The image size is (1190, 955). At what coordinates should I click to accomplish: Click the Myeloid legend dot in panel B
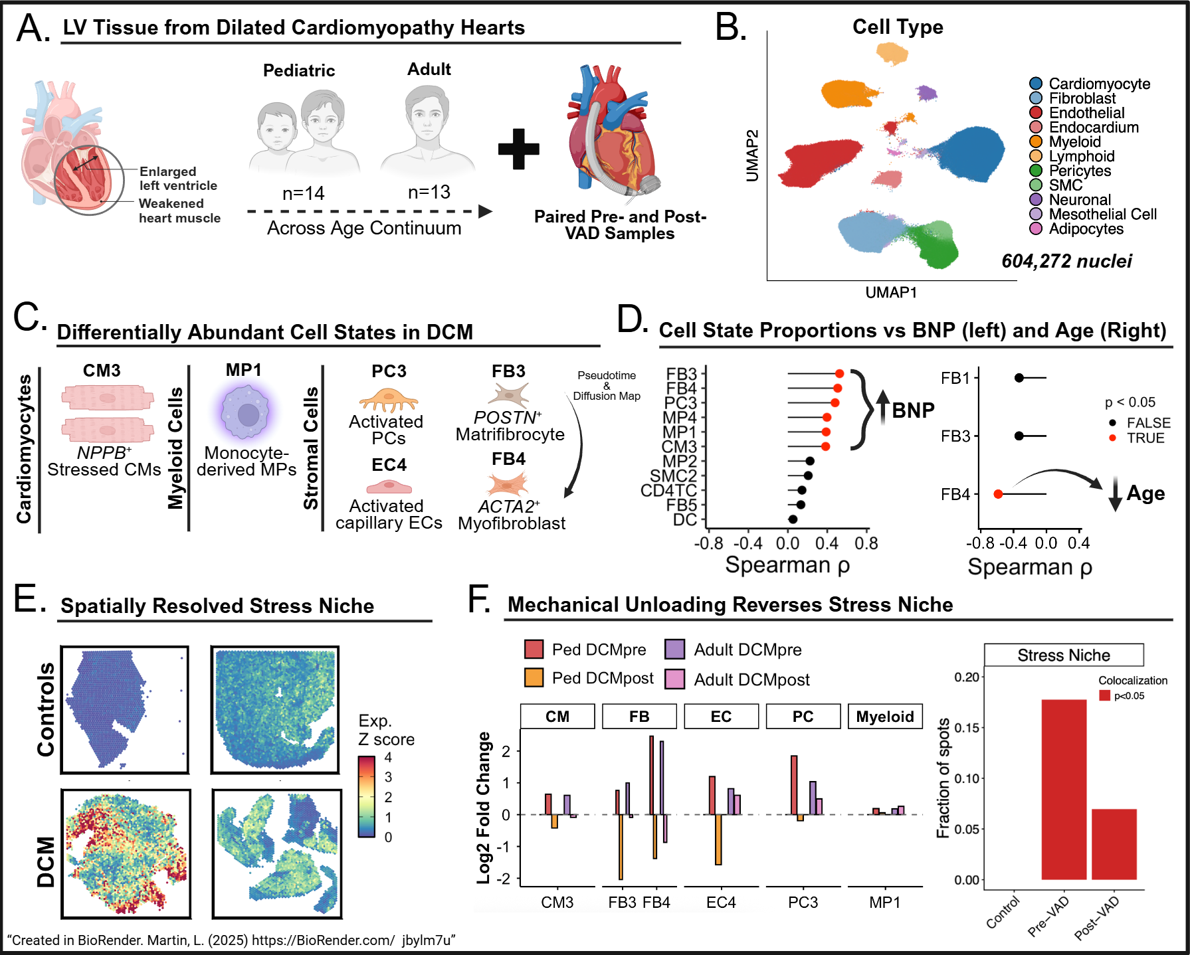pos(1035,141)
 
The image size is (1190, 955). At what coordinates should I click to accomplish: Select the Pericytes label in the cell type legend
pos(1080,171)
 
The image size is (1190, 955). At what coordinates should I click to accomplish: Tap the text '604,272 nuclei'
pos(1066,261)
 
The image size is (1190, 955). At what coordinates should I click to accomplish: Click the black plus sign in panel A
pos(519,149)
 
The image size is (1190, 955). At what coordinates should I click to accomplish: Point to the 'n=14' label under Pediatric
pos(303,193)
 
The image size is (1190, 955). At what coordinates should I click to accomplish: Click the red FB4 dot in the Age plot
pos(998,494)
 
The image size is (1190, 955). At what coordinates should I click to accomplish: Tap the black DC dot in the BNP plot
pos(793,519)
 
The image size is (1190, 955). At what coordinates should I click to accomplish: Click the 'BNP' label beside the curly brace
pos(913,410)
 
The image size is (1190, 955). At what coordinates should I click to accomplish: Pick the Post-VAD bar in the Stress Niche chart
pos(1114,844)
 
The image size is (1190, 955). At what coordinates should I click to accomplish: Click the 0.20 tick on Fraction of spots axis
pos(967,677)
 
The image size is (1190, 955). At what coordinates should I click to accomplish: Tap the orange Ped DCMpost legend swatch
pos(534,678)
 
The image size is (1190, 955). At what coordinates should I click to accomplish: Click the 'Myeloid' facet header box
pos(885,717)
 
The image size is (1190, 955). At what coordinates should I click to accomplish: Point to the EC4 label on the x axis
pos(721,903)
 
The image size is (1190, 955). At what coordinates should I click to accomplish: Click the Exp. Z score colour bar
pos(367,796)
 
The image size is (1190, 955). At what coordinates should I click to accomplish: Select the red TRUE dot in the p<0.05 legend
pos(1112,438)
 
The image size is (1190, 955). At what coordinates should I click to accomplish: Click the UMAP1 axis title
pos(891,292)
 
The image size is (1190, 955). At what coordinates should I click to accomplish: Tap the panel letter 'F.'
pos(479,599)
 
